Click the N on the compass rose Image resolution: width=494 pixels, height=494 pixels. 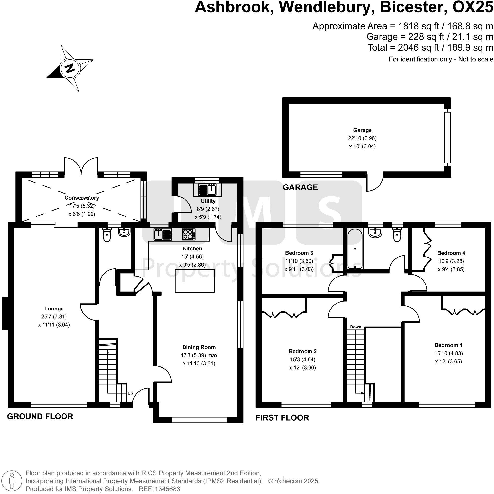[x=70, y=68]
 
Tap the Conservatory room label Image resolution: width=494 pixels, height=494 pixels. [x=82, y=198]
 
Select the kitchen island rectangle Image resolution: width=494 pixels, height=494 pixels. [x=195, y=280]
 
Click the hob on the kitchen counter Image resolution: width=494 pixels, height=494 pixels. [x=189, y=234]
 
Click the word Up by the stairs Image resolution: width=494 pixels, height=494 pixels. [x=130, y=393]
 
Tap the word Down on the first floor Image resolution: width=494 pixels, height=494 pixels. [x=355, y=327]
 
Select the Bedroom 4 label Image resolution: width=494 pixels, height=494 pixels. [x=451, y=253]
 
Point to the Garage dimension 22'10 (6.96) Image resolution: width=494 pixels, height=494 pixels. [x=362, y=138]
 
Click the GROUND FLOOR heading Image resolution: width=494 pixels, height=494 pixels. [x=40, y=417]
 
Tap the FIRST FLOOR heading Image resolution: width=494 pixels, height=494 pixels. [x=282, y=418]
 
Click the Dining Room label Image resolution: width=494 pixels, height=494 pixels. [x=199, y=347]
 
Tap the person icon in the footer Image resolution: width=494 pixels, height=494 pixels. [x=11, y=481]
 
